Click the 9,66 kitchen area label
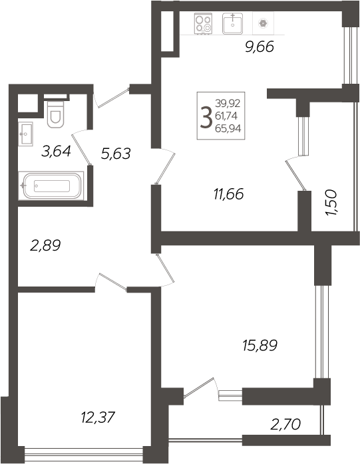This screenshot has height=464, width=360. click(x=260, y=47)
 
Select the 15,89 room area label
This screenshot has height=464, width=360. click(x=259, y=345)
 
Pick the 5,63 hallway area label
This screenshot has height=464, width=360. click(x=114, y=154)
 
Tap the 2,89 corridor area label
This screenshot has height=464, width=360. click(x=45, y=245)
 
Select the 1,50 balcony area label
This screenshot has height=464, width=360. click(x=333, y=203)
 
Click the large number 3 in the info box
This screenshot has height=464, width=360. click(x=206, y=115)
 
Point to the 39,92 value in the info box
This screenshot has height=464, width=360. click(x=228, y=103)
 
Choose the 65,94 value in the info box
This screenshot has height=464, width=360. click(x=228, y=128)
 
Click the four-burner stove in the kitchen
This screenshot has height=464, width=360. click(x=204, y=23)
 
